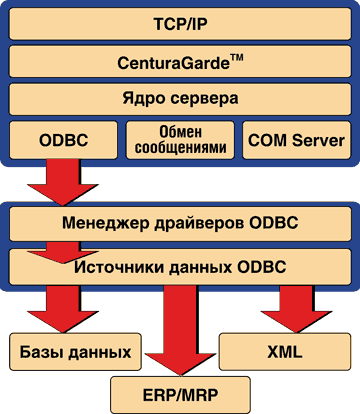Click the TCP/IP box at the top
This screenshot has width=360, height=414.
click(x=180, y=23)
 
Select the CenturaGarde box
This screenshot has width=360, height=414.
click(x=180, y=61)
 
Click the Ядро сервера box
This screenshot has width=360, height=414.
click(x=180, y=100)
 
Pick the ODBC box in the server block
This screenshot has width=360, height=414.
click(x=61, y=140)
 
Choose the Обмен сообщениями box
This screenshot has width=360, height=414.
click(x=179, y=140)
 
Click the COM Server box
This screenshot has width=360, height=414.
click(x=295, y=140)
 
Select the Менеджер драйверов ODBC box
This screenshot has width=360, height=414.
click(x=180, y=222)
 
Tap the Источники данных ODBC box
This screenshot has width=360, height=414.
click(x=180, y=265)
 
